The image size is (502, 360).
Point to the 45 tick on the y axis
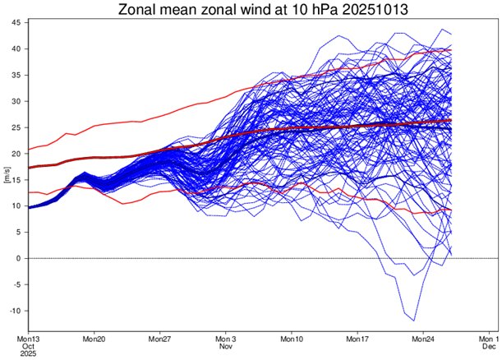click(x=16, y=22)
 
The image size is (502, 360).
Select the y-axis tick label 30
click(x=16, y=101)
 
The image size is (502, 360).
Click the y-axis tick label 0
click(x=18, y=258)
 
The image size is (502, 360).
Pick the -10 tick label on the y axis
click(x=14, y=311)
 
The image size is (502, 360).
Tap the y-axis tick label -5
click(x=16, y=284)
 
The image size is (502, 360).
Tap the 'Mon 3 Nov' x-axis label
click(x=226, y=343)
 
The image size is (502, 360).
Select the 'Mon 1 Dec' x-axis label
click(x=488, y=343)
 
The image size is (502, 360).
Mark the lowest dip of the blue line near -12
click(x=414, y=321)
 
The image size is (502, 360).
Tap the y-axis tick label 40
click(x=16, y=48)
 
